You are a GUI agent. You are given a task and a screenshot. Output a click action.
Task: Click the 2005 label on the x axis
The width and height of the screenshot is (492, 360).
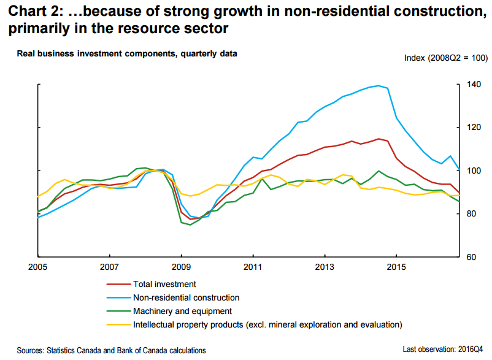(x=38, y=268)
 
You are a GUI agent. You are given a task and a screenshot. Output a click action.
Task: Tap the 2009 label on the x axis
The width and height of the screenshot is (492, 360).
(x=181, y=268)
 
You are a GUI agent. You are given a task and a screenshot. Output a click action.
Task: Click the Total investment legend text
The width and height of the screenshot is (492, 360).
(x=164, y=285)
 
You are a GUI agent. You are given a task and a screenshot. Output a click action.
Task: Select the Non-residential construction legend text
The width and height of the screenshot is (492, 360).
(x=185, y=298)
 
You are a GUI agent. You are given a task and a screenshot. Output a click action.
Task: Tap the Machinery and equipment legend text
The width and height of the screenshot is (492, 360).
(x=182, y=312)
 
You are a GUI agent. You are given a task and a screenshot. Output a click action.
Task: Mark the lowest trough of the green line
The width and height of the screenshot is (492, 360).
(x=190, y=224)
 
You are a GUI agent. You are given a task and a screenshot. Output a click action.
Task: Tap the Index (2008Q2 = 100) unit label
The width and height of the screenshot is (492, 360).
(x=445, y=58)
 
